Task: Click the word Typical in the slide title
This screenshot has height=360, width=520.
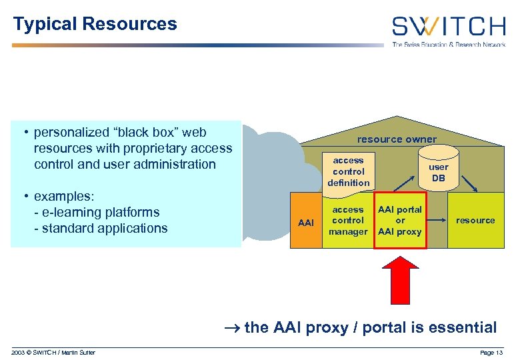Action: tap(45, 25)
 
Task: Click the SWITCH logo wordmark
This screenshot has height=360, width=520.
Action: tap(448, 27)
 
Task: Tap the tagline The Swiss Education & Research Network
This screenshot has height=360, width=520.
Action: tap(448, 45)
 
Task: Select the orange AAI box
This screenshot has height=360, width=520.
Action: tap(306, 222)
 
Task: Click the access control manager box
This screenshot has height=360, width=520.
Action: tap(348, 221)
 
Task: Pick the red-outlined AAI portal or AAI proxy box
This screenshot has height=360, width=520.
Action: tap(400, 221)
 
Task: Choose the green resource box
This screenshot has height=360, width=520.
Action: tap(475, 221)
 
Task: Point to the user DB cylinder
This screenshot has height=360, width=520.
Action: tap(438, 172)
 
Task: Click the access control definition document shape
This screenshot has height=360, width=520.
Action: tap(348, 172)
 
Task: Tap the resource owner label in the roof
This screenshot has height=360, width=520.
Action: tap(397, 139)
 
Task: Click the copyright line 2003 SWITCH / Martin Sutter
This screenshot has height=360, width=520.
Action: tap(53, 352)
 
